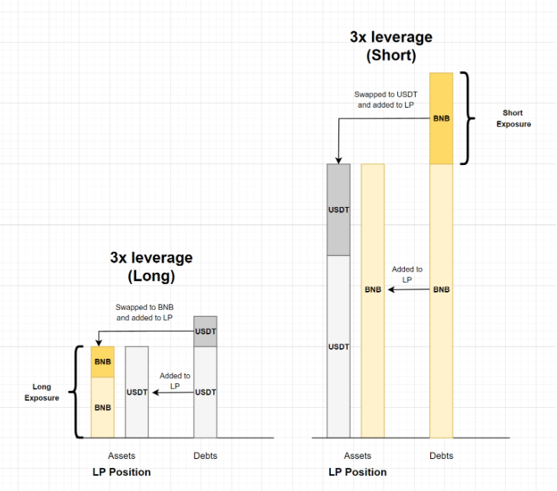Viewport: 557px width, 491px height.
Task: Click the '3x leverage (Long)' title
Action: (151, 266)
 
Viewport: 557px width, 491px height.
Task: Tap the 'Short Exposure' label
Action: (513, 118)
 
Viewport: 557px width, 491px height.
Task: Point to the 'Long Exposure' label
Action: (41, 392)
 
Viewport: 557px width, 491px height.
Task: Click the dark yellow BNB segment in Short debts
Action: (442, 118)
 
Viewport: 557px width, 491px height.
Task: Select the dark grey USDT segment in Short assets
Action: (338, 209)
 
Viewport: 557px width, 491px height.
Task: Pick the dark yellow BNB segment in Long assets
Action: (102, 362)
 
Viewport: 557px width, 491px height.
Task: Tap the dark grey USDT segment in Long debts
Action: (205, 331)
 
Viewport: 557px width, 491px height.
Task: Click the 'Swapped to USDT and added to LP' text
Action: (385, 99)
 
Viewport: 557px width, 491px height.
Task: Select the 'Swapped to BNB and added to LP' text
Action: (144, 312)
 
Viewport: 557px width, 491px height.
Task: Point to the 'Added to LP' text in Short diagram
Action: (407, 275)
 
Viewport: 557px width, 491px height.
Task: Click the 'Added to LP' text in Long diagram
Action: (175, 381)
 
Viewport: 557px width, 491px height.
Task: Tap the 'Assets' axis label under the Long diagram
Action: (121, 456)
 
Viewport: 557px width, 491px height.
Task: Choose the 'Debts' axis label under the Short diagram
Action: (442, 456)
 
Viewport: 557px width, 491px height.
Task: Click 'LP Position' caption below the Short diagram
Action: (358, 472)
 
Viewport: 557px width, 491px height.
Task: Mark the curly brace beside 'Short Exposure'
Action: (469, 118)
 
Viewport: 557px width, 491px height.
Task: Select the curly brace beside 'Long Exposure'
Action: (75, 392)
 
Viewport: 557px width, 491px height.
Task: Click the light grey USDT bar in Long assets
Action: (137, 392)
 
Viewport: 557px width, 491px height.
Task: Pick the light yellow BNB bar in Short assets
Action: (373, 301)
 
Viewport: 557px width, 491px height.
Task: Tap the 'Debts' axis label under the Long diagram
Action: (205, 456)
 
